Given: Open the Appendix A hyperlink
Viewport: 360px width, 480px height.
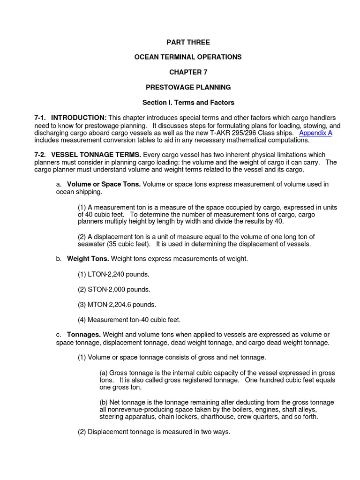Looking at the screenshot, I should point(315,133).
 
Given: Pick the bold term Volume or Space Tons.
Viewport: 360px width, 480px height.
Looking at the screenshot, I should point(104,184).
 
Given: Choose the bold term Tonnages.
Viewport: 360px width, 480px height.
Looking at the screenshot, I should point(84,335).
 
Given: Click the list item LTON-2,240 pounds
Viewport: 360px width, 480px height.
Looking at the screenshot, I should point(113,274).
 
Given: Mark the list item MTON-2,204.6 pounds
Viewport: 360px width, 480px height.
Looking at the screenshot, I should point(116,305).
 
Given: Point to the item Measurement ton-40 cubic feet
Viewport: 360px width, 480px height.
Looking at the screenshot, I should point(129,320).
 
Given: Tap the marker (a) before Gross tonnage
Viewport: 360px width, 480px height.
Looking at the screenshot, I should point(104,373).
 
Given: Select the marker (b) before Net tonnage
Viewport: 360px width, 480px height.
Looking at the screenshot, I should point(104,403).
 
